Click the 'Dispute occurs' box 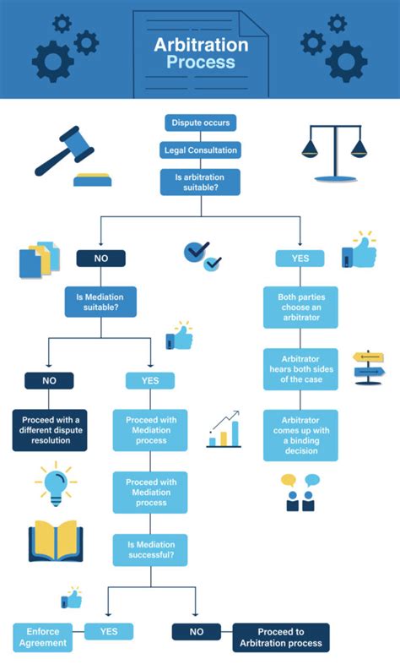click(x=200, y=123)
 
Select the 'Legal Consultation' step click(x=200, y=150)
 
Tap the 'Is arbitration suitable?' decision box click(x=200, y=182)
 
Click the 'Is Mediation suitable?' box click(x=100, y=302)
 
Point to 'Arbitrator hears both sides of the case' click(x=300, y=368)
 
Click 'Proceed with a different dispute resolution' click(x=50, y=429)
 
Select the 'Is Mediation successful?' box click(x=150, y=550)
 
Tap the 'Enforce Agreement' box click(x=40, y=638)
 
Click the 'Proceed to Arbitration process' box click(x=281, y=638)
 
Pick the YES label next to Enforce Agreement click(x=109, y=631)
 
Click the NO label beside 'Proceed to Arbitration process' click(x=196, y=631)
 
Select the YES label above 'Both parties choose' click(x=300, y=259)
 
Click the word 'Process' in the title click(x=200, y=62)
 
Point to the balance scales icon click(x=335, y=153)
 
